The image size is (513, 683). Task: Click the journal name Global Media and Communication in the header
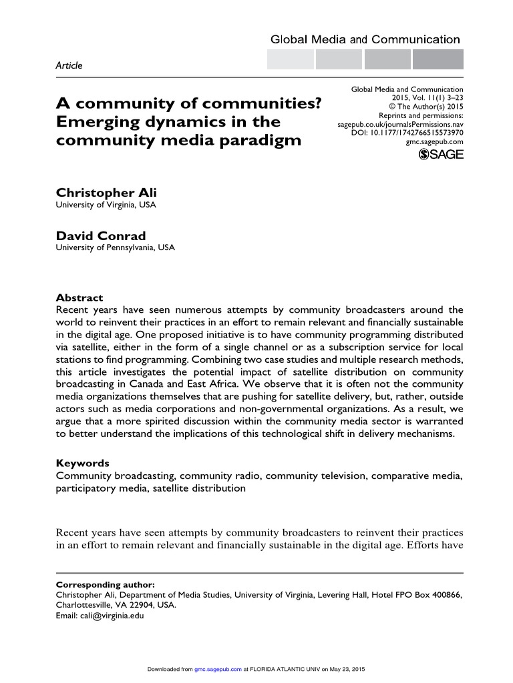[365, 39]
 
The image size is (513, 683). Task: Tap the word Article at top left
[68, 65]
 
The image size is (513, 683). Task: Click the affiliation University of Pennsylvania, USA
[116, 248]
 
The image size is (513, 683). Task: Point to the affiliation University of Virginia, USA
[106, 205]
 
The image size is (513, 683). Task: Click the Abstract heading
[79, 298]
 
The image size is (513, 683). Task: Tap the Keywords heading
[82, 463]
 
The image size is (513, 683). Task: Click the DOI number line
[407, 133]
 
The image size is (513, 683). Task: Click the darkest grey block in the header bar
[438, 60]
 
